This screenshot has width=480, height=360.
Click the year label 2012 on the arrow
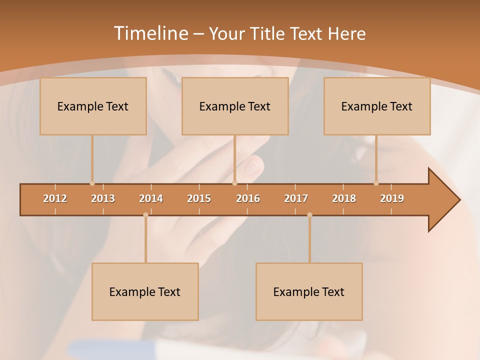pos(55,198)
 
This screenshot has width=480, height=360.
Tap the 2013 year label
pos(103,198)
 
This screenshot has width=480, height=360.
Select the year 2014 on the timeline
pos(151,198)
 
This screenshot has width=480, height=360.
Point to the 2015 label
pos(199,198)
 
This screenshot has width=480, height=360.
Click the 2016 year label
pos(248,198)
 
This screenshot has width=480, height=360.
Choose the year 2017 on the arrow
pos(296,198)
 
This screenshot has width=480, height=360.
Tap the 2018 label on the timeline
pos(344,198)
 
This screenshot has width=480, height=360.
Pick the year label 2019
pos(392,198)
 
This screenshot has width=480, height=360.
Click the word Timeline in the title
pos(150,33)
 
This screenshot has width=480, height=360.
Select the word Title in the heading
pos(268,33)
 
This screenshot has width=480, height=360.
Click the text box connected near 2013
pos(93,106)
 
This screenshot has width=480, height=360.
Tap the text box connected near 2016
pos(235,106)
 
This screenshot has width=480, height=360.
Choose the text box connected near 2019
pos(377,106)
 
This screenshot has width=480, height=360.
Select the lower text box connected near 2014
pos(145,291)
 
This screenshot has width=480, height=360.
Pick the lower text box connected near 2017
pos(309,291)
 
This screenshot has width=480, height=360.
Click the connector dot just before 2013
pos(92,183)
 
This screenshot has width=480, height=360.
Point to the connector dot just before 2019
pos(376,183)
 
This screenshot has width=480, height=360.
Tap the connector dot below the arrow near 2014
pos(145,215)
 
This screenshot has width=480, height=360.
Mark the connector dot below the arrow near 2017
pos(309,215)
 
